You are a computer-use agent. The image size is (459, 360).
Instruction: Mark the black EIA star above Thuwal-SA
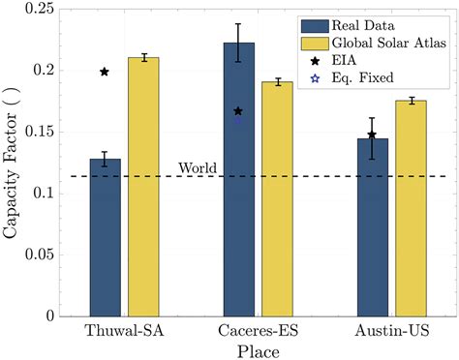click(x=105, y=72)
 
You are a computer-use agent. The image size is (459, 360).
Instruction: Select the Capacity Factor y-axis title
click(x=11, y=161)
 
